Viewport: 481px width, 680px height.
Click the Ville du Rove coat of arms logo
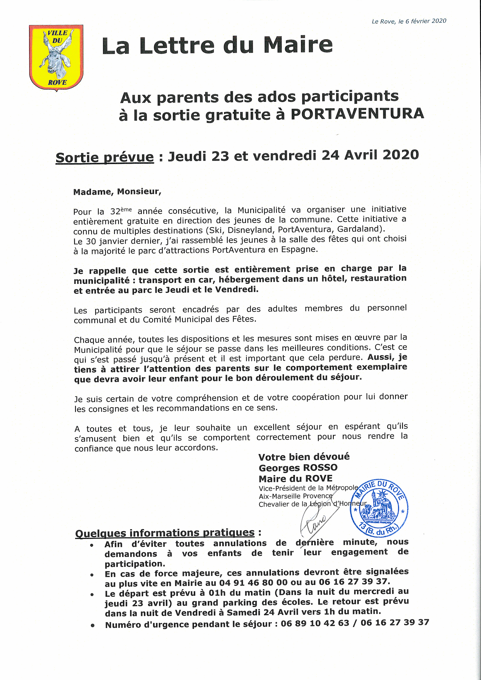56,57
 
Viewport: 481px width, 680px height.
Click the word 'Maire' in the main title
298,46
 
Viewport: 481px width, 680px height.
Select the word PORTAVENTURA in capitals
357,114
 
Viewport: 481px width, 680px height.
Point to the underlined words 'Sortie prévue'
105,157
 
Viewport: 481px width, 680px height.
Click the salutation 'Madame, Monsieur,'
117,192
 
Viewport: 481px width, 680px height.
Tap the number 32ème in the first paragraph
121,211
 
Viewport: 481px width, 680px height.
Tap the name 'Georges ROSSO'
298,468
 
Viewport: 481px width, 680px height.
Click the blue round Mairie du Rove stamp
379,508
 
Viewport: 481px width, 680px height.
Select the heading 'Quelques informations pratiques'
165,533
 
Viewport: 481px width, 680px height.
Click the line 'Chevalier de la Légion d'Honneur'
313,504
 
